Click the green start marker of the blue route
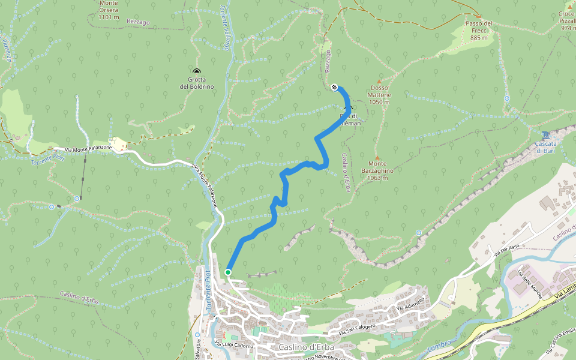(228, 272)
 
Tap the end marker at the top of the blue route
(334, 88)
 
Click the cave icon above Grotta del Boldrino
(196, 71)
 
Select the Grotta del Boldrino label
(196, 83)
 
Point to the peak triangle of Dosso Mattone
(379, 82)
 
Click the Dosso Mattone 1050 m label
(379, 98)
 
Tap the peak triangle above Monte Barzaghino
(377, 157)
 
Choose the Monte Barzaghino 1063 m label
(377, 170)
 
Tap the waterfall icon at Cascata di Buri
(545, 134)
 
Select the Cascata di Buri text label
(545, 147)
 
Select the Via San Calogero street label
(359, 328)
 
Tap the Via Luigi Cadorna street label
(235, 344)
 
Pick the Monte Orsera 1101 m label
(109, 10)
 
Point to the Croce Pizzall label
(567, 20)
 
